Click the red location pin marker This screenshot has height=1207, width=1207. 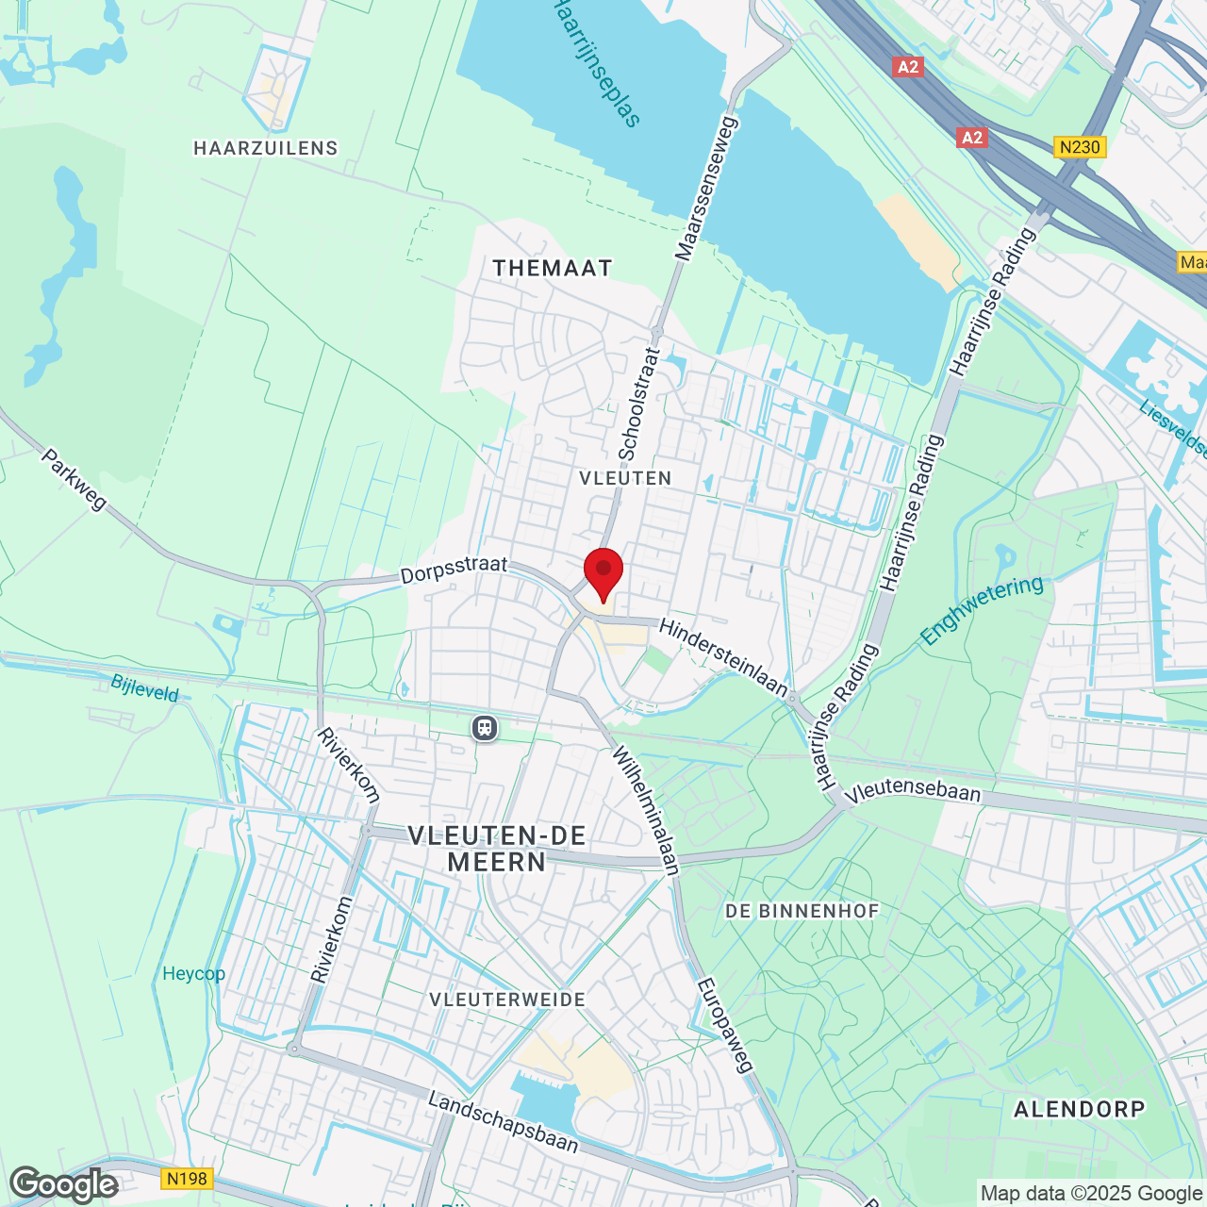click(x=603, y=571)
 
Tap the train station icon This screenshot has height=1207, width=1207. click(x=485, y=728)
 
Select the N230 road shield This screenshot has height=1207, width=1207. click(x=1080, y=147)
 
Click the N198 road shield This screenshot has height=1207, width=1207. click(x=187, y=1179)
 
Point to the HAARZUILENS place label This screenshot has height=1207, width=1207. click(x=266, y=148)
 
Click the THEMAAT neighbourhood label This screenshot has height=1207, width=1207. click(x=553, y=268)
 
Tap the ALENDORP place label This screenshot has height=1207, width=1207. click(x=1080, y=1109)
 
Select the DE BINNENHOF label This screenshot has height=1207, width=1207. click(x=802, y=911)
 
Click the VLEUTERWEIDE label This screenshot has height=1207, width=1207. click(x=507, y=1000)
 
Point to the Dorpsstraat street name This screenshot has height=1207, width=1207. click(x=454, y=570)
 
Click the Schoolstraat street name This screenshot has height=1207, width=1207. click(x=638, y=404)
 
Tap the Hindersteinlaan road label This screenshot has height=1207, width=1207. click(x=723, y=657)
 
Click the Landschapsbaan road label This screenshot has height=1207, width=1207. click(x=503, y=1122)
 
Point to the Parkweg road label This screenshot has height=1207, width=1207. click(x=74, y=479)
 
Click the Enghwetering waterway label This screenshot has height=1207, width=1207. click(x=982, y=611)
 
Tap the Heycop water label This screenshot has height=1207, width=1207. click(x=193, y=974)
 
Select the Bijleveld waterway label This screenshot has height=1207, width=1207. click(x=145, y=688)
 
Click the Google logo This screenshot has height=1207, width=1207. click(x=64, y=1184)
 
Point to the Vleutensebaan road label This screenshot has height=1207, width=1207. click(x=913, y=790)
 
